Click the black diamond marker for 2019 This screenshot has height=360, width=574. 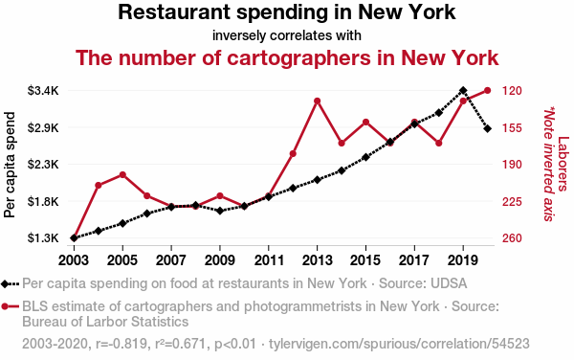pos(463,90)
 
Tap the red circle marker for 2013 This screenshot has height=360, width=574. pos(317,101)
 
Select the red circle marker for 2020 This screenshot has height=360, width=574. pos(487,90)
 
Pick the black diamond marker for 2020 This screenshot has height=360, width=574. pos(487,129)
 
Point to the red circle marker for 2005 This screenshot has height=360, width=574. pos(122,175)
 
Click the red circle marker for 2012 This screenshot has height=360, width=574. pos(293,154)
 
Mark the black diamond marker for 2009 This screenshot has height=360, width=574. pos(220,211)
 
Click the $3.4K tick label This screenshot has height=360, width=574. pos(43,90)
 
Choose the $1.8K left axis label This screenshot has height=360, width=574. pos(43,201)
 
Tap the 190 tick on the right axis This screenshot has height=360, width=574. pos(512,165)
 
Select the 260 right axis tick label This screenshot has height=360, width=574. pos(512,238)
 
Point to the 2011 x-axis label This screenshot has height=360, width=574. pos(269,260)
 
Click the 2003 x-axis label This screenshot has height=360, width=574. pos(74,260)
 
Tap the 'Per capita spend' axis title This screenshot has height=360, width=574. pos(10,165)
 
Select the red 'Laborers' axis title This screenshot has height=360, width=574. pos(563,164)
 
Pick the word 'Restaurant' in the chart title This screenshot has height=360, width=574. pos(174,12)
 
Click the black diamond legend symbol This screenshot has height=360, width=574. pos(5,284)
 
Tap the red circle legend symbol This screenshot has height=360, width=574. pos(5,306)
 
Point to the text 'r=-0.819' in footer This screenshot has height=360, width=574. pos(120,344)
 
